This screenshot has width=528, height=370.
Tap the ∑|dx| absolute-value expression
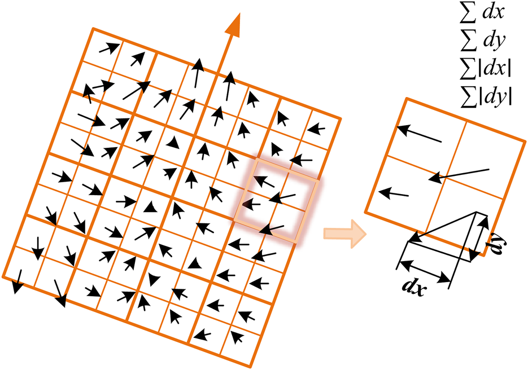(486, 68)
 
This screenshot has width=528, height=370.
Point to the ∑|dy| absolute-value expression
(486, 96)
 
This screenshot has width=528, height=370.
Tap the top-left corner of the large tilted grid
(93, 29)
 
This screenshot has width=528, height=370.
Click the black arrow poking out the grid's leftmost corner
(17, 281)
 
